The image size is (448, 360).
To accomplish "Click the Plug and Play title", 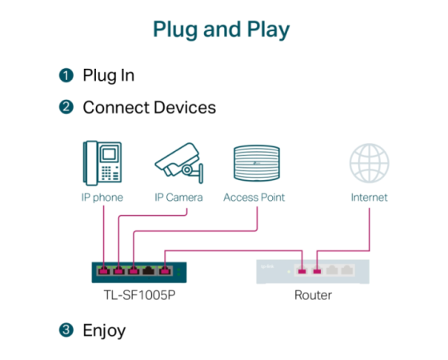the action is [222, 29].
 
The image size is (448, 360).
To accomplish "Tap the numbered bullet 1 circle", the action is [66, 75].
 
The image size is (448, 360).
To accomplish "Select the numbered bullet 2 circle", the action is [66, 107].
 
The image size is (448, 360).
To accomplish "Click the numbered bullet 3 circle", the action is [66, 330].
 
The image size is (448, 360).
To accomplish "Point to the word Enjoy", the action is [104, 331].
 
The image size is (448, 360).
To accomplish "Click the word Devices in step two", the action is [185, 107].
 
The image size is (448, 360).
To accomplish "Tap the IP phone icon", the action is [102, 163].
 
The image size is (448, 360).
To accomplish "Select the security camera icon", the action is [179, 163].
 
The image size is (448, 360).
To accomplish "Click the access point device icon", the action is [257, 163].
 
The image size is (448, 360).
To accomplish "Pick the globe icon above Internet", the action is [369, 163].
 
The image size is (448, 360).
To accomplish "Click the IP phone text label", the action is [102, 198].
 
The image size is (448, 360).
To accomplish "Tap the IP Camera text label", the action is [178, 198].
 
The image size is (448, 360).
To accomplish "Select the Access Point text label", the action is [254, 198].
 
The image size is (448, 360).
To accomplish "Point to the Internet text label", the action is [369, 198].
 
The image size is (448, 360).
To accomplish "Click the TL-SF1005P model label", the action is [139, 295].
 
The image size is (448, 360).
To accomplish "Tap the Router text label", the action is [313, 295].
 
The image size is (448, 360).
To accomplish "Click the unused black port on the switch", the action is [149, 270].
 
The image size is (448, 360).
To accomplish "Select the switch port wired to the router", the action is [165, 270].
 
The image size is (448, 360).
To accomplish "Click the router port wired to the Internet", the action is [317, 270].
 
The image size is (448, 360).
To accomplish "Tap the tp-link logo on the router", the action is [267, 266].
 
